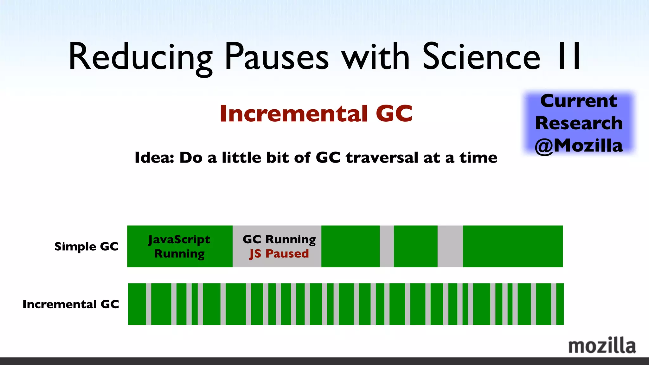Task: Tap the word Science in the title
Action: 481,57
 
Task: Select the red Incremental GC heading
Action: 316,113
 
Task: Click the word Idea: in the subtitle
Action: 154,157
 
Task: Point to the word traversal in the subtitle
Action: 382,157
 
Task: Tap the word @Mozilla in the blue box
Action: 579,146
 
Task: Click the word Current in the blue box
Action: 579,101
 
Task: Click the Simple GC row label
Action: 86,247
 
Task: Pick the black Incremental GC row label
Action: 71,304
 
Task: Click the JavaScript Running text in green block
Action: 179,247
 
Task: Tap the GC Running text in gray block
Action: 279,239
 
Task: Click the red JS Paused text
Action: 279,254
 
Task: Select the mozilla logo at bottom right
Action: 602,346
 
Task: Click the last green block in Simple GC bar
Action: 512,247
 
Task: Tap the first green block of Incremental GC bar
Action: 137,304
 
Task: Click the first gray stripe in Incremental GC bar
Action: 149,304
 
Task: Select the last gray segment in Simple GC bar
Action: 450,247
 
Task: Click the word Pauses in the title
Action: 277,57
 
